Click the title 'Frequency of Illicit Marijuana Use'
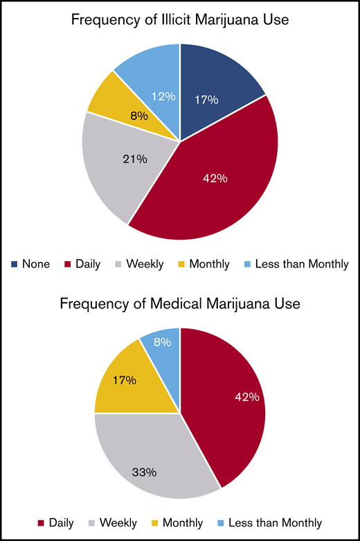tap(180, 21)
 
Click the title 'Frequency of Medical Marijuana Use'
tap(180, 303)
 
